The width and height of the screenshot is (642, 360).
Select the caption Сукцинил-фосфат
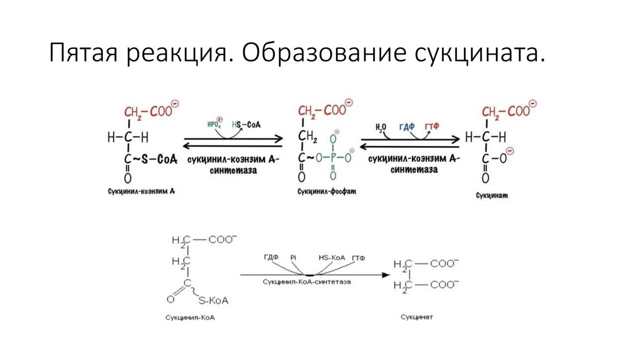point(326,191)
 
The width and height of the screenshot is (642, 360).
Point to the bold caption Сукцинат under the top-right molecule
point(492,196)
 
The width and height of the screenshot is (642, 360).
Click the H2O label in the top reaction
point(381,127)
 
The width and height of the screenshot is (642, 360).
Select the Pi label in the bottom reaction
point(293,258)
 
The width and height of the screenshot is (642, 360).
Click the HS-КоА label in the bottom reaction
point(330,258)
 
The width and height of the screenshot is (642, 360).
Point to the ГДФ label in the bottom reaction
point(271,258)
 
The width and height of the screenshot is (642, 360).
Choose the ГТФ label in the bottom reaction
point(359,258)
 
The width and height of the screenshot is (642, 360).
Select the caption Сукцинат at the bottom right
point(417,317)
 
